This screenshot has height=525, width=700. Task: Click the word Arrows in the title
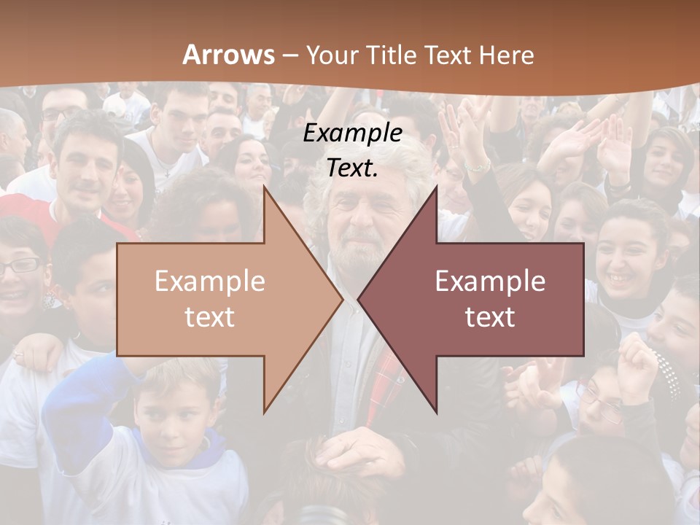click(228, 55)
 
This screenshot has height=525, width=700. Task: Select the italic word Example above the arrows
click(353, 133)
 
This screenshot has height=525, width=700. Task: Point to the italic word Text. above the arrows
click(353, 168)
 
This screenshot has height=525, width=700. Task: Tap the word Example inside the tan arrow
click(210, 281)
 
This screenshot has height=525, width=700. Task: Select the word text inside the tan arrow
click(210, 316)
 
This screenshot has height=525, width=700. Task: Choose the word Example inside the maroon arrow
click(490, 281)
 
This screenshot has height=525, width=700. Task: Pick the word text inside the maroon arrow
click(490, 316)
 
